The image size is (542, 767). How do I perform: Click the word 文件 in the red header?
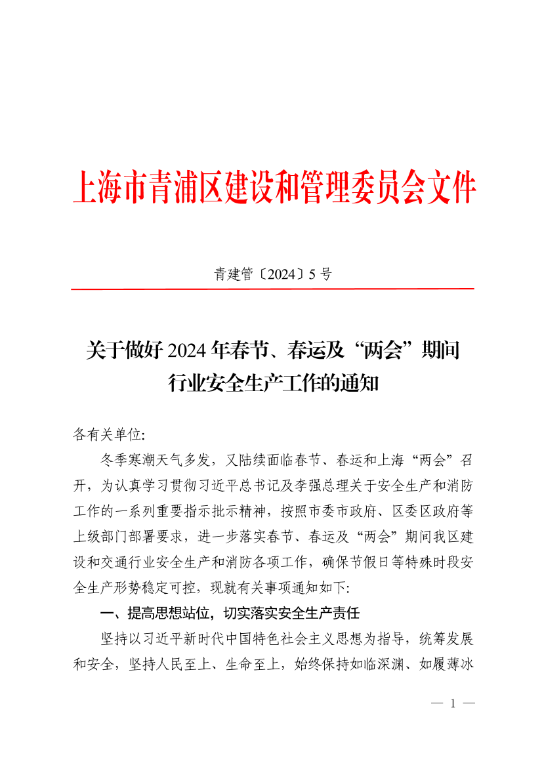pyautogui.click(x=453, y=188)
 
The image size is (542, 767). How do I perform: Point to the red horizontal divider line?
pyautogui.click(x=272, y=289)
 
